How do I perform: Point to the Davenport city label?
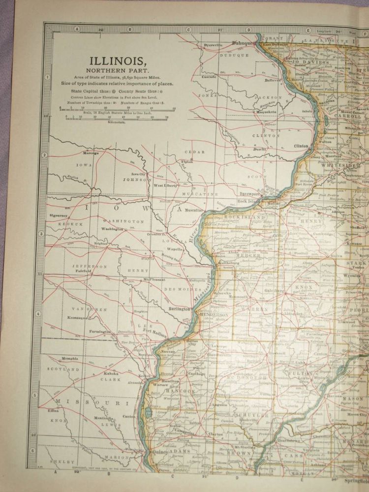[249, 193]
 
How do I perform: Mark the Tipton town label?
[187, 161]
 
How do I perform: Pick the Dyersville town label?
[213, 45]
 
